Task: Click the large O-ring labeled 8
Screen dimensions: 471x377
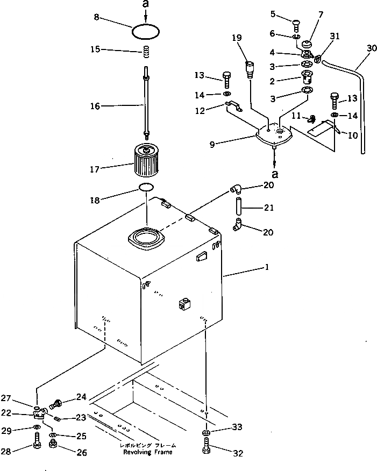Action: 146,32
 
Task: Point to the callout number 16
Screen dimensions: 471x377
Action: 95,106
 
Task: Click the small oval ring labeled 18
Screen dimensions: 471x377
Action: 146,187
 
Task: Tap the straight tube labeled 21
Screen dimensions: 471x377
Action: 238,207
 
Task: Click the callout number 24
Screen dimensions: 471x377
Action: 81,398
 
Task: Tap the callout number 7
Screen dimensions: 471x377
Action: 321,14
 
